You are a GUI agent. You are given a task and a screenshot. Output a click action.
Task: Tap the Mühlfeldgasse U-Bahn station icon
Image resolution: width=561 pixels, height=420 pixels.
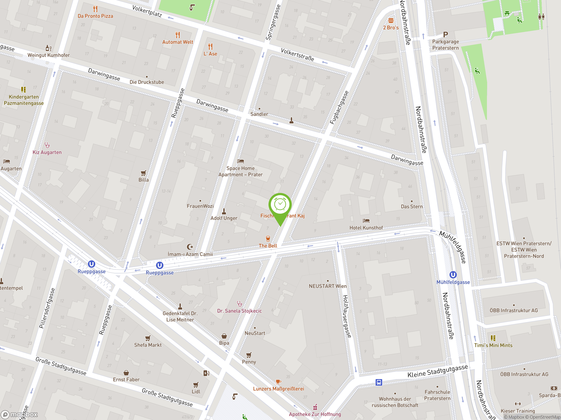pos(453,275)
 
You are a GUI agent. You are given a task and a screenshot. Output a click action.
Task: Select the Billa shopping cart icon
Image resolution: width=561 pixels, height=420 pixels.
pos(143,173)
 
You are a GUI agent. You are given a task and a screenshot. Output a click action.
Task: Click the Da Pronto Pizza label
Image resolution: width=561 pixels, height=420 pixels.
pos(95,16)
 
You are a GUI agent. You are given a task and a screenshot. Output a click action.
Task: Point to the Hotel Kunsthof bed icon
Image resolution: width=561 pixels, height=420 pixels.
pos(366,221)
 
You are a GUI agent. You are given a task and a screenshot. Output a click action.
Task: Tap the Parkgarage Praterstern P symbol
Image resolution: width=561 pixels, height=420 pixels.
pos(445,34)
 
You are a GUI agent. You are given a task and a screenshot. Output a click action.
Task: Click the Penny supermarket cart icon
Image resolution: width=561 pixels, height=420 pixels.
pos(249,355)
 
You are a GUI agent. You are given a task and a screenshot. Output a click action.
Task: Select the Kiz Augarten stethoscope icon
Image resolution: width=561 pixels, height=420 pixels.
pos(47,145)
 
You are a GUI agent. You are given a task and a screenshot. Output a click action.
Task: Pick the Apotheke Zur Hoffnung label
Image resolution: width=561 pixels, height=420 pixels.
pos(315,414)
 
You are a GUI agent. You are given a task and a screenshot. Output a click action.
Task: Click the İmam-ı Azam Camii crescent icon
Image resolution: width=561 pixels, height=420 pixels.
pos(190,247)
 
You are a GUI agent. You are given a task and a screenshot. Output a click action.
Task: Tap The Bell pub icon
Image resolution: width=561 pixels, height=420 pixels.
pos(268,238)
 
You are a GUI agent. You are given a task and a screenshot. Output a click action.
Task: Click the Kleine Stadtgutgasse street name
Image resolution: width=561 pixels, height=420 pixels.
pos(437,371)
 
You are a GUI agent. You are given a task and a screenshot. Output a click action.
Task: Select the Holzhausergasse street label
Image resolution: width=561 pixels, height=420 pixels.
pos(347,317)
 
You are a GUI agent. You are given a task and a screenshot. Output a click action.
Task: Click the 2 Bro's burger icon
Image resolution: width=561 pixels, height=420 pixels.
pos(391,21)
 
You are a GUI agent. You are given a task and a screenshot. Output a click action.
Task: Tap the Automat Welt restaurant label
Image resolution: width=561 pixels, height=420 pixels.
pos(178,42)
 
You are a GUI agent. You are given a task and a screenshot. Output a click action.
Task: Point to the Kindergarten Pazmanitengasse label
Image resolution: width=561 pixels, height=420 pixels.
pos(24,100)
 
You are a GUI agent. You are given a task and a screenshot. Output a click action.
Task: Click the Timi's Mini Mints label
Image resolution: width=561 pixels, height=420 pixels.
pos(493,345)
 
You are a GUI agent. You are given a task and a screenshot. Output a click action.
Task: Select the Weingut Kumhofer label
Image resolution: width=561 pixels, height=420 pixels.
pos(48,55)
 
